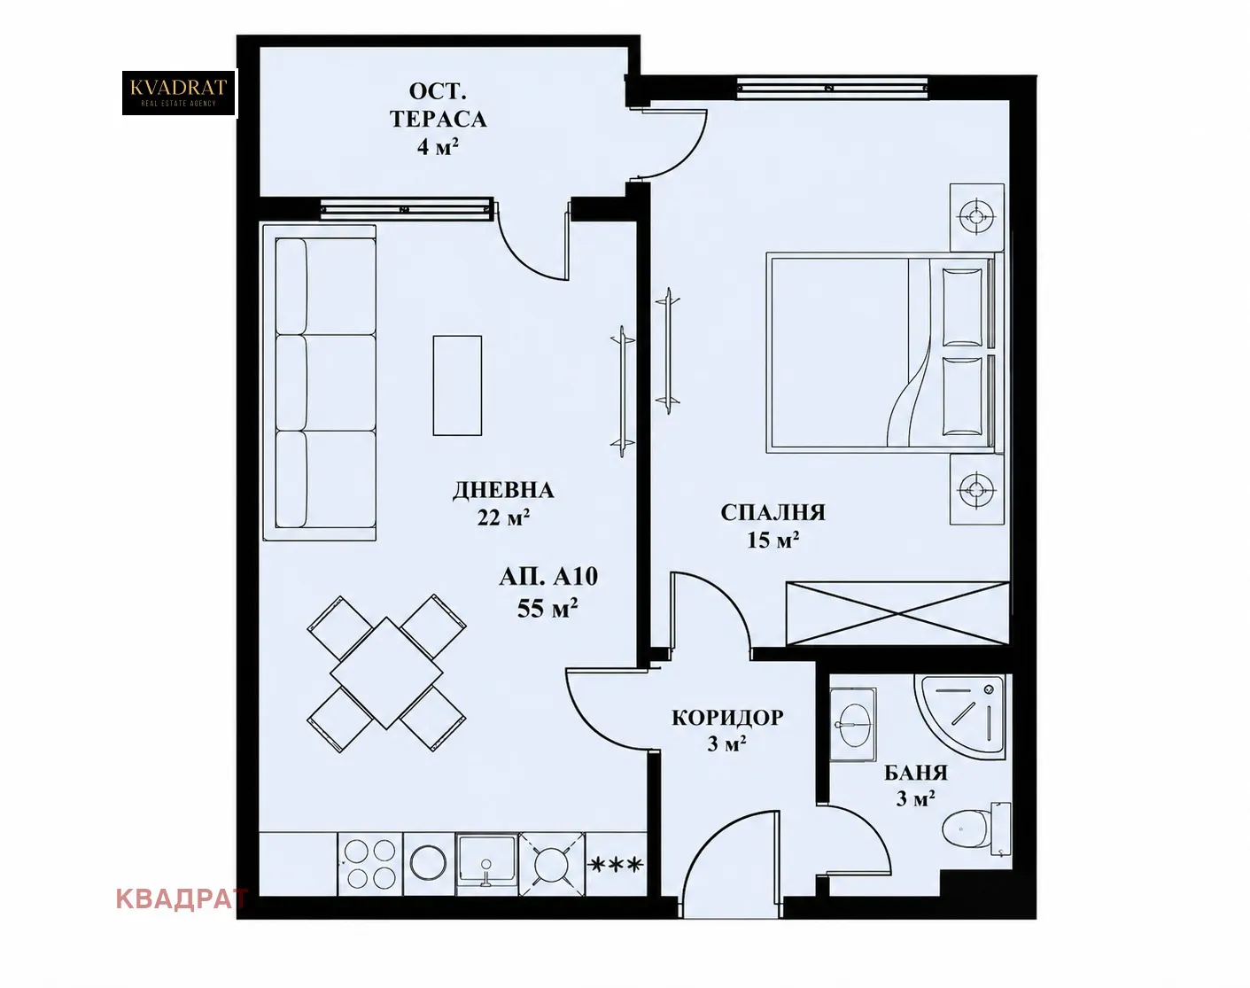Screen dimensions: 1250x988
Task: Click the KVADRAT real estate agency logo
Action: point(178,92)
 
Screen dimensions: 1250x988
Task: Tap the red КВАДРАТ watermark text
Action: point(182,899)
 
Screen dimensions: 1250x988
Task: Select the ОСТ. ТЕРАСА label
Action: point(438,105)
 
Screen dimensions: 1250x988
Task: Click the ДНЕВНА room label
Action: point(503,491)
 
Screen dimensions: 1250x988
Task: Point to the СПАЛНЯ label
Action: point(773,512)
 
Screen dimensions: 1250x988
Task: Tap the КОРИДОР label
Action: point(727,718)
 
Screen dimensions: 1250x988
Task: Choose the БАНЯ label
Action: point(916,773)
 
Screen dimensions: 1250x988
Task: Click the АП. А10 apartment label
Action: point(548,577)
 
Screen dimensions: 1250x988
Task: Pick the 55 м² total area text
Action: point(547,609)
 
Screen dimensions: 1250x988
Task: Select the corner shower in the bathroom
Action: point(959,717)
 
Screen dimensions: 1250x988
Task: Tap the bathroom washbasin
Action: point(853,725)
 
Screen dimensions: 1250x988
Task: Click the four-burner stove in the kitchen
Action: point(370,864)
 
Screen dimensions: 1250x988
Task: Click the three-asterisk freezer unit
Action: point(616,864)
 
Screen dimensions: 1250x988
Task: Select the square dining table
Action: point(386,673)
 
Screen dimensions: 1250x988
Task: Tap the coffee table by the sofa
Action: point(457,385)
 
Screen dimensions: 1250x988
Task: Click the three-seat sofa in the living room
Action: point(320,383)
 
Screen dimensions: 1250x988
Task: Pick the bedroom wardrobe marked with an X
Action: point(897,613)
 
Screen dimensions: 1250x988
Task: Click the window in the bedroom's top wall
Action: point(832,88)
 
